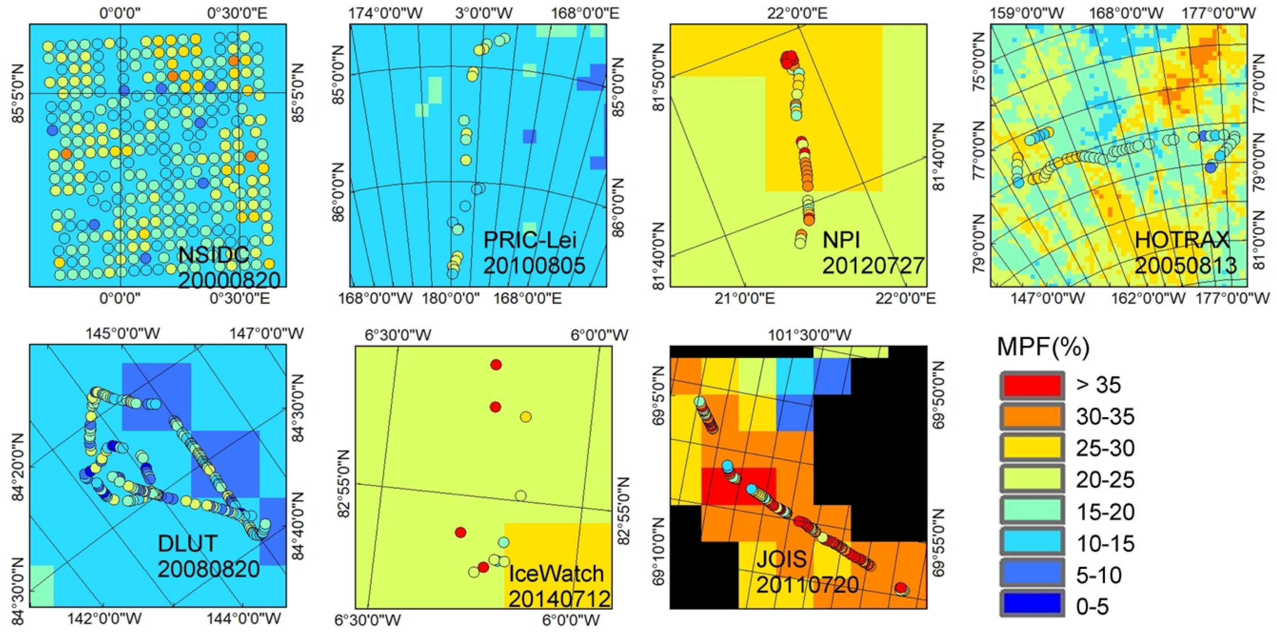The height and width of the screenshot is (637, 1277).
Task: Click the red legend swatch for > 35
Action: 1032,385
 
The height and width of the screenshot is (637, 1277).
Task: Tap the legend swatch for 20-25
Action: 1032,480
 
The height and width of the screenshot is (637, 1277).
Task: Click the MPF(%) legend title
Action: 1043,347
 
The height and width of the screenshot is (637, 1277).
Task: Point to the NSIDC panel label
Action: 213,255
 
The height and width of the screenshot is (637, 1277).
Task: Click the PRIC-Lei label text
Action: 530,240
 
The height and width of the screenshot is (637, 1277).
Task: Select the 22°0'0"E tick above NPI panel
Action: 798,12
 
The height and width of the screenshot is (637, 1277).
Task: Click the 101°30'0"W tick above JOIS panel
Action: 810,335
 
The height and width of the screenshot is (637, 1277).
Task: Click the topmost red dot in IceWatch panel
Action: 496,365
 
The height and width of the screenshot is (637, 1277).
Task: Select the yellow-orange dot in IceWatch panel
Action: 526,417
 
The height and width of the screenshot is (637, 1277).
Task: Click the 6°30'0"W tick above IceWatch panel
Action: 398,335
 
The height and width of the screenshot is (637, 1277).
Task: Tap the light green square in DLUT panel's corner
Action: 41,585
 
